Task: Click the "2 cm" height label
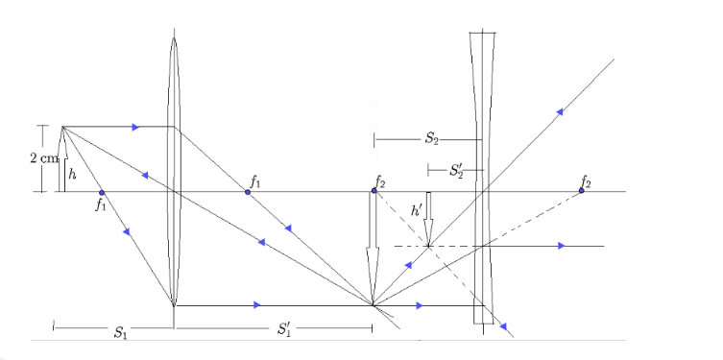click(44, 158)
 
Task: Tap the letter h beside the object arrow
click(72, 174)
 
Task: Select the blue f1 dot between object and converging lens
click(102, 192)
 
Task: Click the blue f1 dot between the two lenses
click(248, 192)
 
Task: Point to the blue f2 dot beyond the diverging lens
click(582, 190)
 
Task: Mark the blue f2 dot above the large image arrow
click(374, 190)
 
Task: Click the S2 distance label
click(431, 139)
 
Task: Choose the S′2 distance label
click(456, 171)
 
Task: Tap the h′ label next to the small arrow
click(417, 210)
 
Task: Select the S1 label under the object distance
click(120, 332)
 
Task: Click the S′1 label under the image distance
click(284, 329)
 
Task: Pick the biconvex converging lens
click(174, 172)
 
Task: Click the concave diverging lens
click(483, 178)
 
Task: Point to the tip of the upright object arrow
click(62, 127)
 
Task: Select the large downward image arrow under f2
click(374, 248)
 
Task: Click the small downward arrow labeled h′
click(429, 219)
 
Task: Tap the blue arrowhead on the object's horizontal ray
click(135, 127)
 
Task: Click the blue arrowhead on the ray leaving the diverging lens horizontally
click(561, 246)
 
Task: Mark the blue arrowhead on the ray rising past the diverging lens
click(560, 111)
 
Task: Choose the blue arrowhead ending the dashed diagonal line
click(503, 326)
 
